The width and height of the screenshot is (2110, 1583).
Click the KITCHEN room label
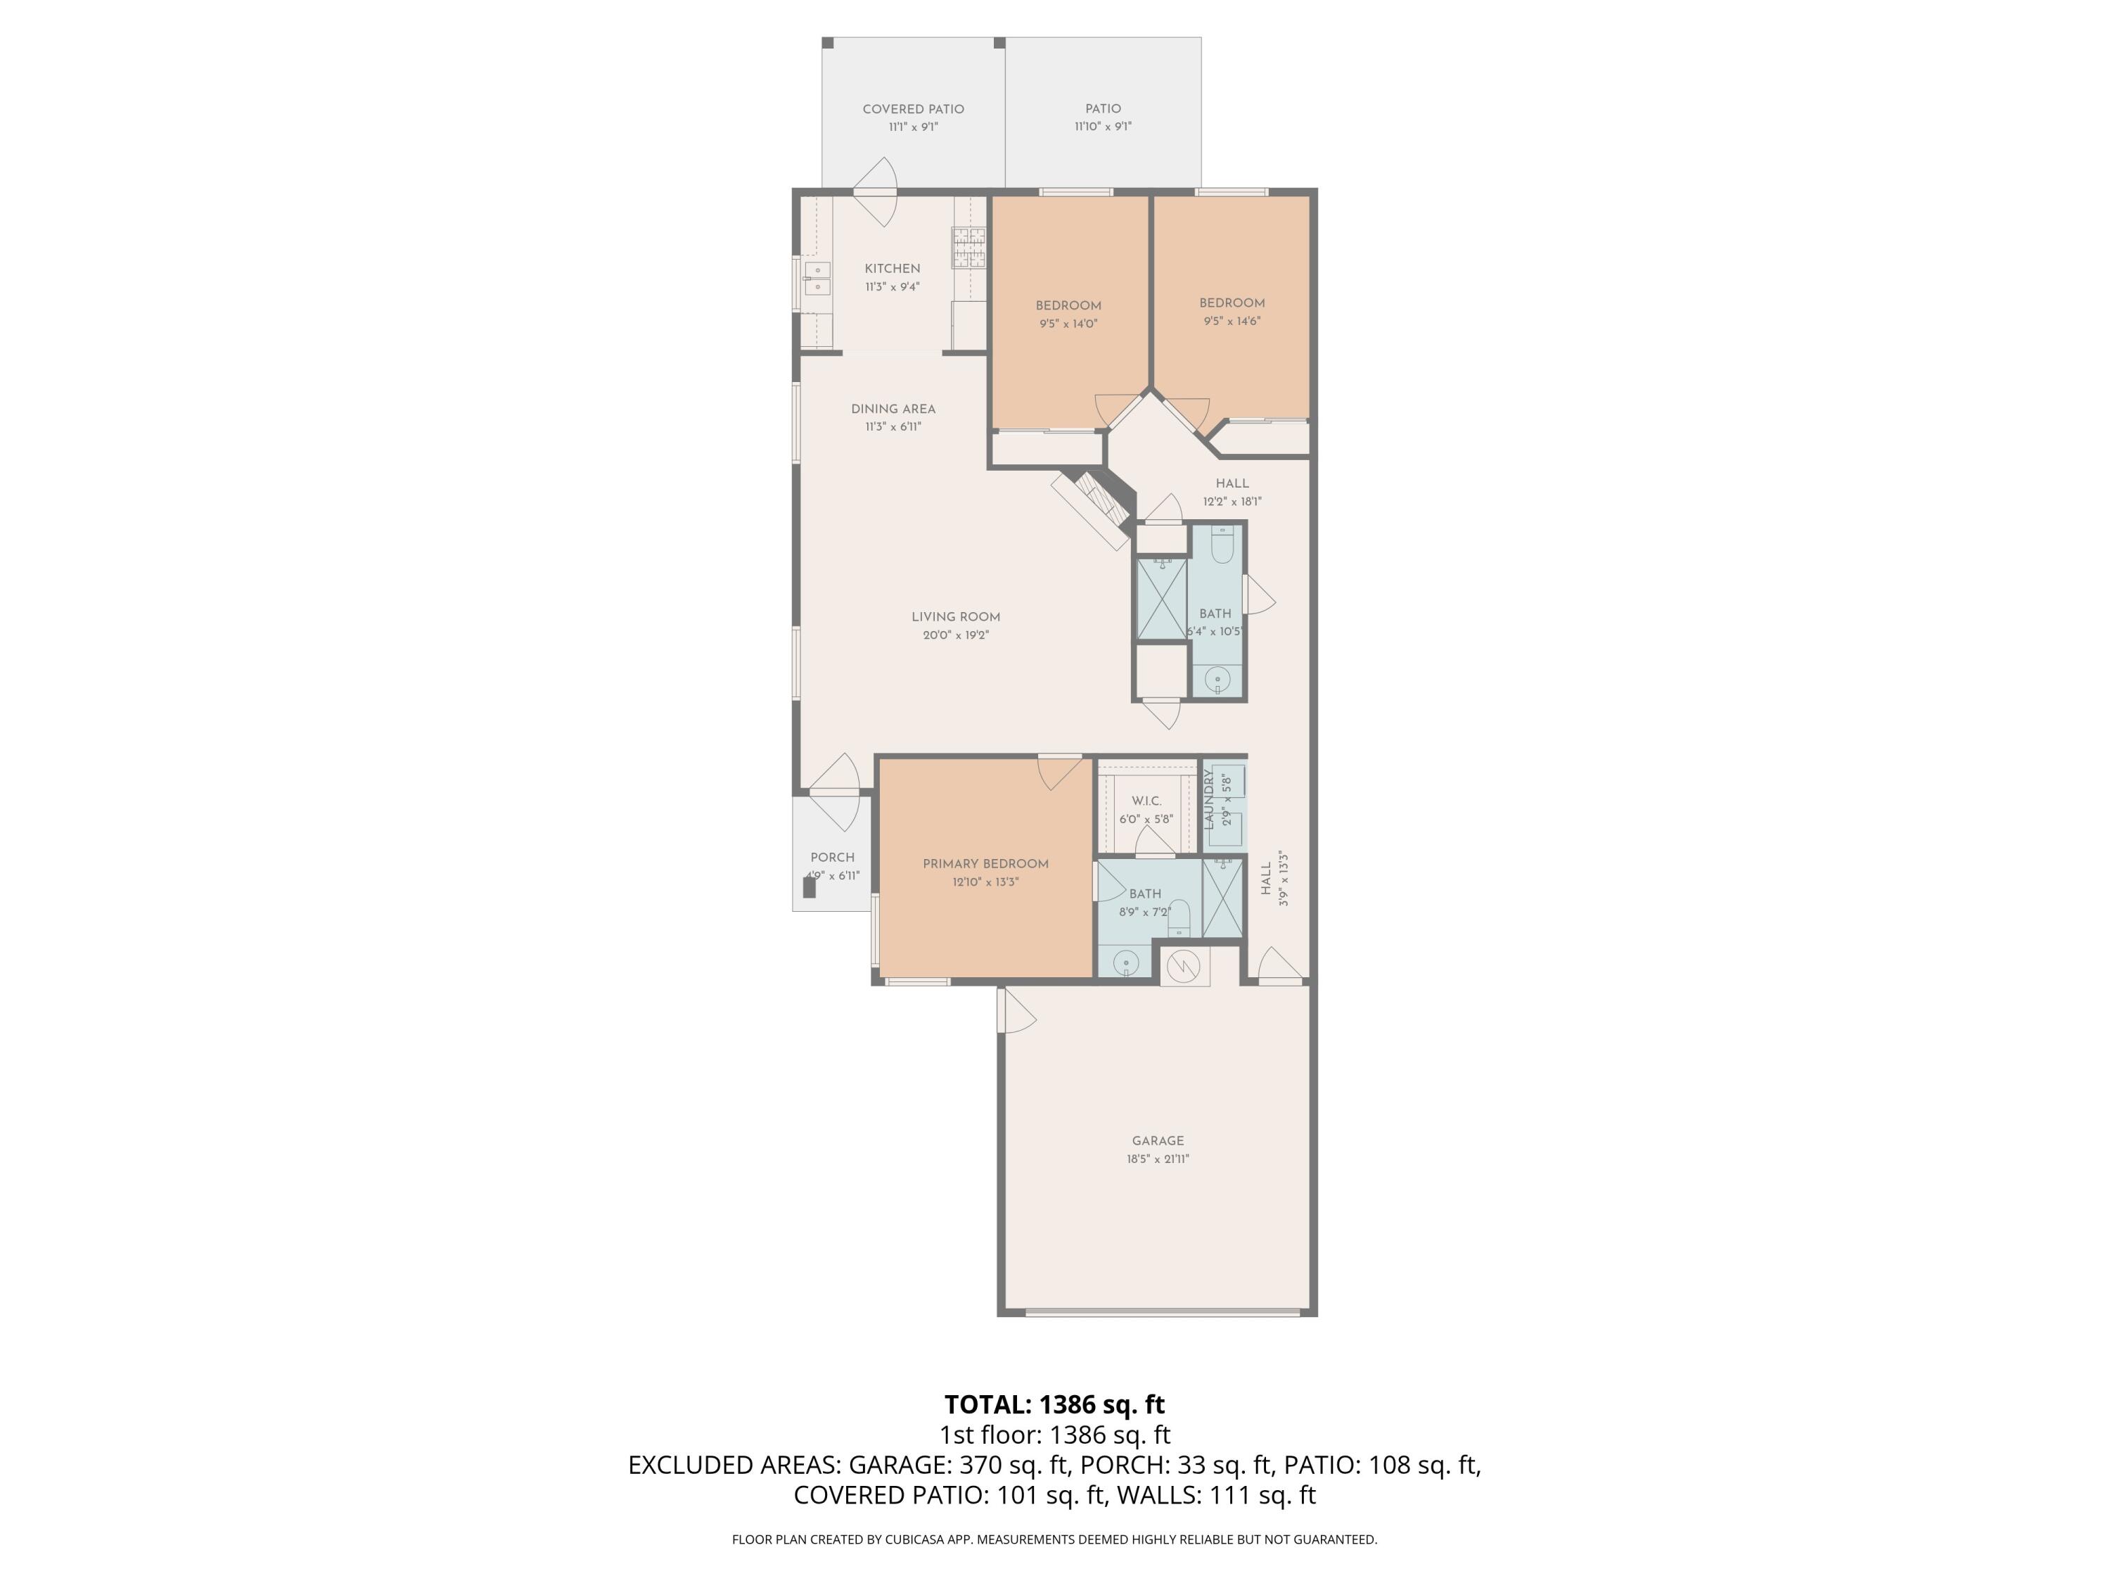point(892,269)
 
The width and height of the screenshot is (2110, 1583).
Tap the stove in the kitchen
point(968,247)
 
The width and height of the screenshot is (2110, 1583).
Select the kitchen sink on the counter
point(817,279)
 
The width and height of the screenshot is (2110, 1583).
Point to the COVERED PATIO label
point(913,110)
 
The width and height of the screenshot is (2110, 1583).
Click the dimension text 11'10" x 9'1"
point(1103,127)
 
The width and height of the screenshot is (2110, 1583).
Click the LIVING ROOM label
point(955,617)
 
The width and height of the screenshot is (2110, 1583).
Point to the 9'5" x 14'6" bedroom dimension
point(1232,322)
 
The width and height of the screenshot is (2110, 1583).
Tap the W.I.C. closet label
point(1146,801)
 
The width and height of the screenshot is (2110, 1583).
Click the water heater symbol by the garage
point(1184,967)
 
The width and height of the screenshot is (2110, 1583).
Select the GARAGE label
point(1157,1141)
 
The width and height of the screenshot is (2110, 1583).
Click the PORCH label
point(832,858)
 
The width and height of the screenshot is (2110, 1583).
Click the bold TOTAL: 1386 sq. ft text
point(1054,1404)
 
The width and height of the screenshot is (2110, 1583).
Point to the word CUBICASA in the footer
point(916,1539)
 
